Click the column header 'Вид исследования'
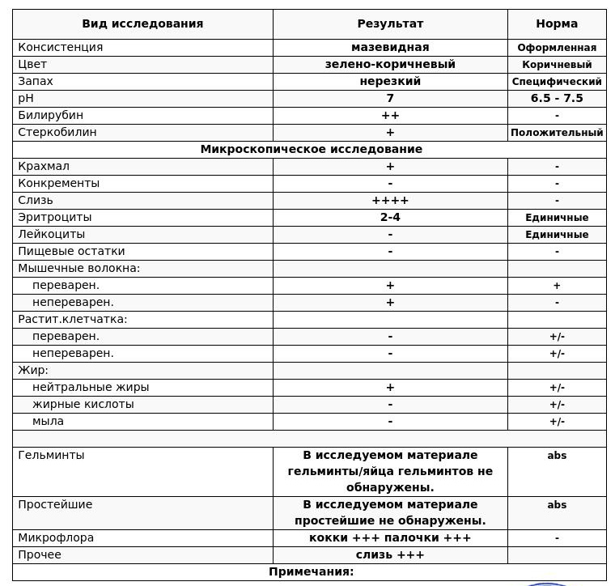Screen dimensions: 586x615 pyautogui.click(x=142, y=24)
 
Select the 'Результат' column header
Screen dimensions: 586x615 pyautogui.click(x=390, y=24)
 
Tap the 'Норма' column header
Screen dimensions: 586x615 pyautogui.click(x=557, y=24)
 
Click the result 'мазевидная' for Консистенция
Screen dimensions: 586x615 pyautogui.click(x=390, y=47)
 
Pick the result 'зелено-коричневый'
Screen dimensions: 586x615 pyautogui.click(x=390, y=64)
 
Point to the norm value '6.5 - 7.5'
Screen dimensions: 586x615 pyautogui.click(x=557, y=98)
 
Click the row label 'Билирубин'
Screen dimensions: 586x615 pyautogui.click(x=50, y=115)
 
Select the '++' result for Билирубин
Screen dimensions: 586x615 pyautogui.click(x=390, y=115)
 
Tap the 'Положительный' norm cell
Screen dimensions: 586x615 pyautogui.click(x=557, y=133)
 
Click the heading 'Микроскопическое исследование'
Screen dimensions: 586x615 pyautogui.click(x=311, y=149)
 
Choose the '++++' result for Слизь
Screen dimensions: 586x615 pyautogui.click(x=390, y=200)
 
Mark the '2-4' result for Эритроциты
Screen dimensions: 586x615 pyautogui.click(x=390, y=217)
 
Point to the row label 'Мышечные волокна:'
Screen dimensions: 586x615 pyautogui.click(x=78, y=268)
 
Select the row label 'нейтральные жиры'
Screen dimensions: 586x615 pyautogui.click(x=91, y=387)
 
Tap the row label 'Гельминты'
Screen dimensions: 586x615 pyautogui.click(x=51, y=455)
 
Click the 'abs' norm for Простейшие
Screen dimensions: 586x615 pyautogui.click(x=557, y=505)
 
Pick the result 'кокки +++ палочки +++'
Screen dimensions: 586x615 pyautogui.click(x=390, y=537)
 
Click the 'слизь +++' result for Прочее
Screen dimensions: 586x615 pyautogui.click(x=390, y=554)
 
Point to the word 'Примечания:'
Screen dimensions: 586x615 pyautogui.click(x=311, y=571)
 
